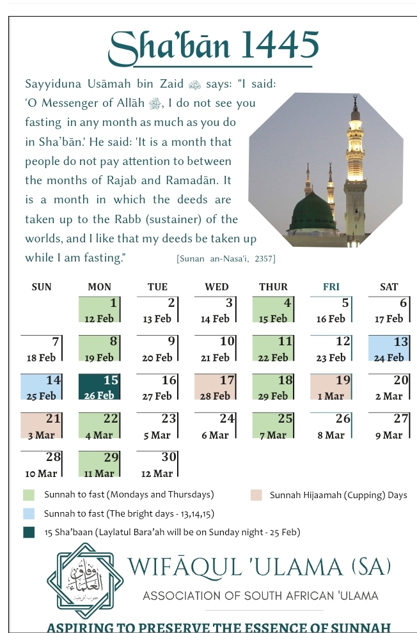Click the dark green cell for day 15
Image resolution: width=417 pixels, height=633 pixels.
99,387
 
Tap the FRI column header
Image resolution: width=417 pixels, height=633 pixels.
331,287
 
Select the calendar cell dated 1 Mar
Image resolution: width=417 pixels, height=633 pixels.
331,387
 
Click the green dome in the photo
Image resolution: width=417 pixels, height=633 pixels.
313,213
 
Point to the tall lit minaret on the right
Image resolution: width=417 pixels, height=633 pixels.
355,166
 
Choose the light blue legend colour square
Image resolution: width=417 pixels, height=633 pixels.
29,513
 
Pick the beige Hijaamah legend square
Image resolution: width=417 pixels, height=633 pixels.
256,495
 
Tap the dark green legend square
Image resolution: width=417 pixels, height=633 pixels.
29,532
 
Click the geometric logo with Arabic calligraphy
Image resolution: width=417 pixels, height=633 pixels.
85,581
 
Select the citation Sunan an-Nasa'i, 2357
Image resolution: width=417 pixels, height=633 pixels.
225,259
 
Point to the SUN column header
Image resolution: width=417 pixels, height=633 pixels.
42,287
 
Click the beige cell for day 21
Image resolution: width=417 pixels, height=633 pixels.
42,426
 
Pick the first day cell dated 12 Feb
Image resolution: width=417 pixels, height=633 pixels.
99,309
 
